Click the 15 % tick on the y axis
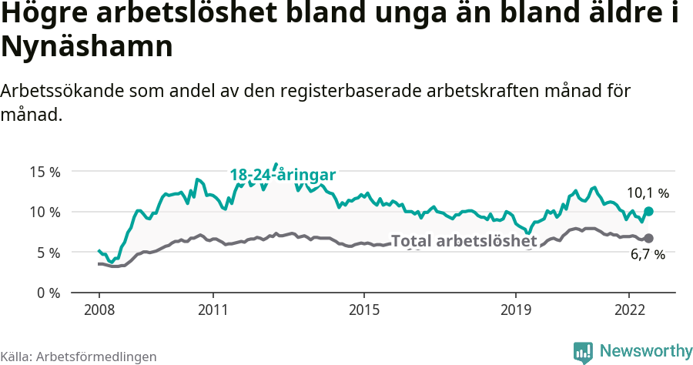pyautogui.click(x=45, y=172)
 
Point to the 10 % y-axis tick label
pyautogui.click(x=45, y=212)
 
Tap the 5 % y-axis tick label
pyautogui.click(x=48, y=253)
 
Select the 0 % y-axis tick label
pyautogui.click(x=48, y=293)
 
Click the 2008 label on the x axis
pyautogui.click(x=99, y=310)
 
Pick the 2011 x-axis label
pyautogui.click(x=213, y=310)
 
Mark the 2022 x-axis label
pyautogui.click(x=628, y=310)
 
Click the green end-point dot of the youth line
pyautogui.click(x=648, y=211)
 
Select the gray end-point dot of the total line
pyautogui.click(x=648, y=238)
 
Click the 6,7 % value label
pyautogui.click(x=648, y=255)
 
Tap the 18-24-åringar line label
pyautogui.click(x=283, y=176)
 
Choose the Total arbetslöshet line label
pyautogui.click(x=464, y=241)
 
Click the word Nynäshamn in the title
pyautogui.click(x=86, y=47)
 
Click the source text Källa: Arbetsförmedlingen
pyautogui.click(x=79, y=357)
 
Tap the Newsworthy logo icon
pyautogui.click(x=583, y=351)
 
